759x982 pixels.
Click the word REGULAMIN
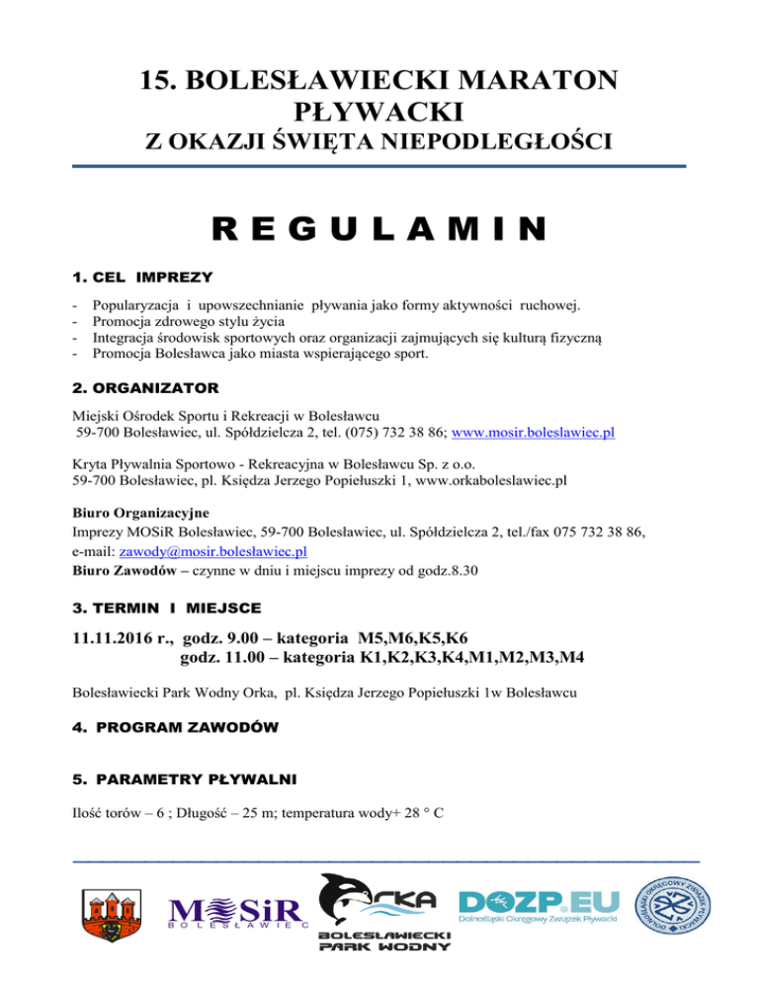click(379, 230)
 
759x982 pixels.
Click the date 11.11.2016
click(118, 638)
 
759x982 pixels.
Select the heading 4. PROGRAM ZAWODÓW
click(175, 727)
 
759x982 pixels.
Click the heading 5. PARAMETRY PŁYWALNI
click(180, 779)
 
